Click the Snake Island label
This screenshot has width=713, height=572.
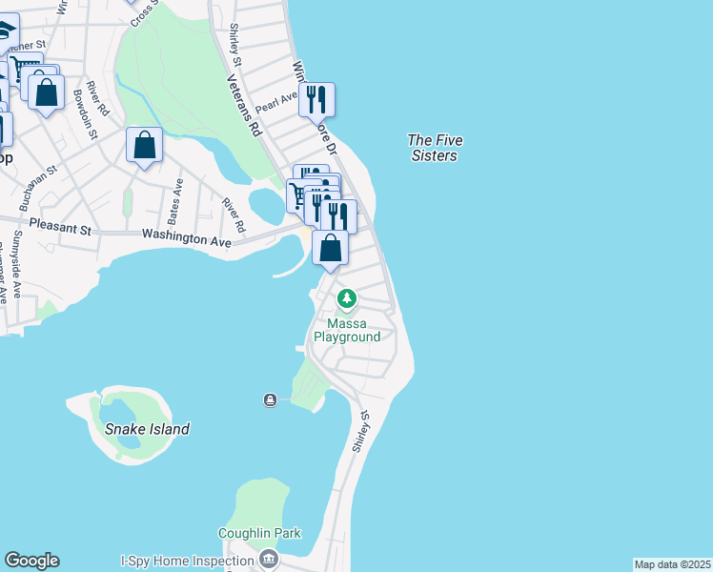tap(148, 429)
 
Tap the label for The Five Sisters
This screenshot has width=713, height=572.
tap(434, 148)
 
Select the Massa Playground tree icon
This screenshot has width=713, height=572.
tap(347, 300)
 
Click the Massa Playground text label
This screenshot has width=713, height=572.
tap(347, 330)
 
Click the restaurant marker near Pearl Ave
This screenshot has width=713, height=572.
tap(316, 99)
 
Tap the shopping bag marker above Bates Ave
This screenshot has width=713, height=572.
tap(144, 146)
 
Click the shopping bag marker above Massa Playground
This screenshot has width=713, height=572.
tap(330, 248)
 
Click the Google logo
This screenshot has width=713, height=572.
tap(31, 561)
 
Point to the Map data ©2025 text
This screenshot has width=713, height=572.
tap(672, 564)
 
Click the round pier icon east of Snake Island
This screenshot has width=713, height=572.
tap(271, 399)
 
